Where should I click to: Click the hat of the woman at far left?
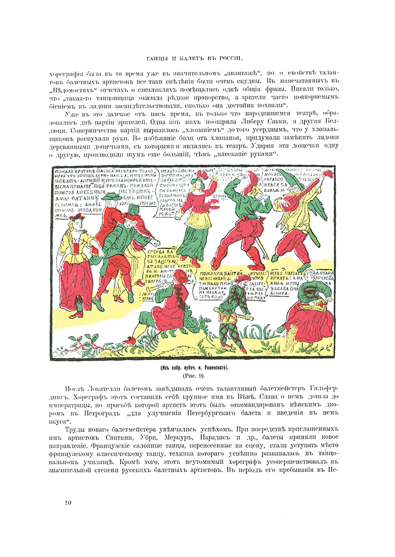point(76,217)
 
